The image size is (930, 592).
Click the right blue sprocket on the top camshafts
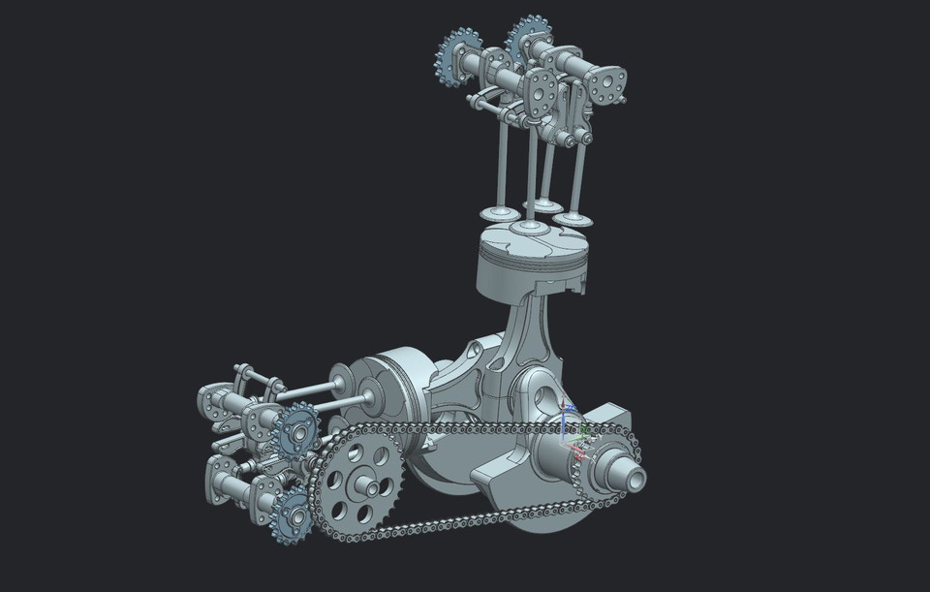[x=528, y=38]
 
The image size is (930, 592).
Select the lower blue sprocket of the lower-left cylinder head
[x=292, y=514]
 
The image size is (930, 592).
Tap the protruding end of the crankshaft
[x=626, y=476]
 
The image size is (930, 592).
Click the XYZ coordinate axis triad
[x=573, y=434]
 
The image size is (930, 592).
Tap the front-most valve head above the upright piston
[x=528, y=228]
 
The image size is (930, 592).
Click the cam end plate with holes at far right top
[x=606, y=85]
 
